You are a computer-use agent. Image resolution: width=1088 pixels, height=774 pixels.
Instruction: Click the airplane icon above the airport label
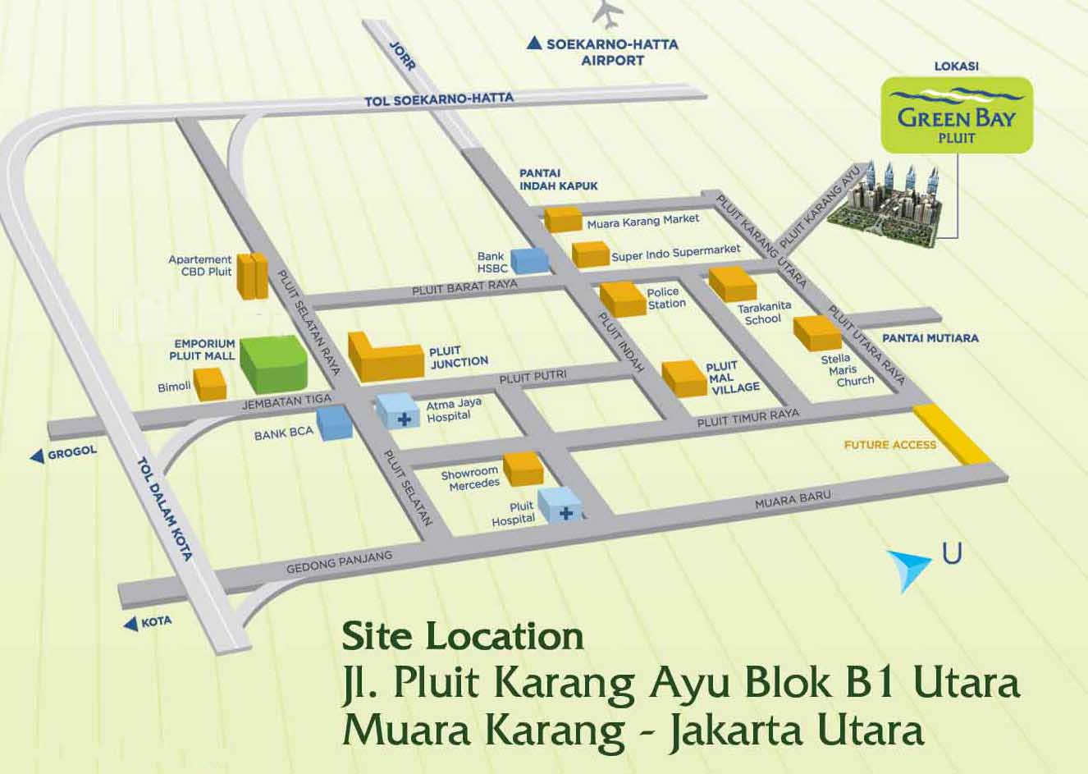pos(608,14)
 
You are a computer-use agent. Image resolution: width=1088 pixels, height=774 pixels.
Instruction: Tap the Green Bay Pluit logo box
pos(956,115)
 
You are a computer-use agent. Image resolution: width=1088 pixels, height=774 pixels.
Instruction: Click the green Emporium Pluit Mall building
pos(274,363)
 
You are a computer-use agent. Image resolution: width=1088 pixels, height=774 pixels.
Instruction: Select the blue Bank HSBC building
pos(529,259)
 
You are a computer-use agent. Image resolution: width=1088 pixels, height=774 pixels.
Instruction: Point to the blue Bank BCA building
pos(335,423)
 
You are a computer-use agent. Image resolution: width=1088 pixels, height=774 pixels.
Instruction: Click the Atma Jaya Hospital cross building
pos(400,411)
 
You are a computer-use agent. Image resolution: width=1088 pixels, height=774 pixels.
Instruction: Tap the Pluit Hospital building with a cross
pos(560,504)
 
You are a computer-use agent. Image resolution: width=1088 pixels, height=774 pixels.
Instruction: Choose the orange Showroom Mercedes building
pos(523,469)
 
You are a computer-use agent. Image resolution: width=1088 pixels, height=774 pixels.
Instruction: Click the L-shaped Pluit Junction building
pos(384,357)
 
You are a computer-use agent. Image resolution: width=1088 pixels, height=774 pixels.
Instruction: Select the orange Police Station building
pos(622,299)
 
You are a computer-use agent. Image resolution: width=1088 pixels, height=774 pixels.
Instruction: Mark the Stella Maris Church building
pos(816,332)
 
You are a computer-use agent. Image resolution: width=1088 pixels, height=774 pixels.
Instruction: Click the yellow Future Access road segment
pos(952,434)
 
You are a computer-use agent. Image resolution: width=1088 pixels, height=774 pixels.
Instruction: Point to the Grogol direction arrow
pos(37,456)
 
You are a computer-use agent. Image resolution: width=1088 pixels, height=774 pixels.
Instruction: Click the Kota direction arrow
pos(130,625)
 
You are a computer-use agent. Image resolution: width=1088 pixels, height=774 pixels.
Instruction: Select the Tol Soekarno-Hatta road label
pos(439,99)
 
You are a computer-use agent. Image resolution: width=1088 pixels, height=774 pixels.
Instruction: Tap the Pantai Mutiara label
pos(930,337)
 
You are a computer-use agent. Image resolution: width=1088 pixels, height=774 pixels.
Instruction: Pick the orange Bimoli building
pos(210,383)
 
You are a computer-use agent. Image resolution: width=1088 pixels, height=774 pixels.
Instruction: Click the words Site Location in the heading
pos(463,636)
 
